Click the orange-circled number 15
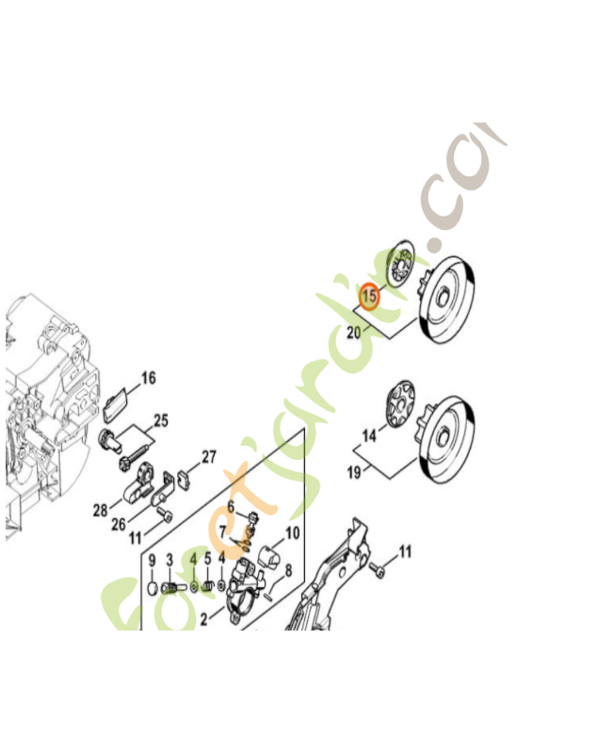370,296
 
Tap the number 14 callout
369,435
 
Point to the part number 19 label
353,471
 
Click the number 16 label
149,379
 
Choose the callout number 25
161,419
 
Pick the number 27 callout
209,457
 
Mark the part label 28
100,510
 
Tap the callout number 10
292,533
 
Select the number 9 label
152,559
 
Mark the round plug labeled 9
152,590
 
